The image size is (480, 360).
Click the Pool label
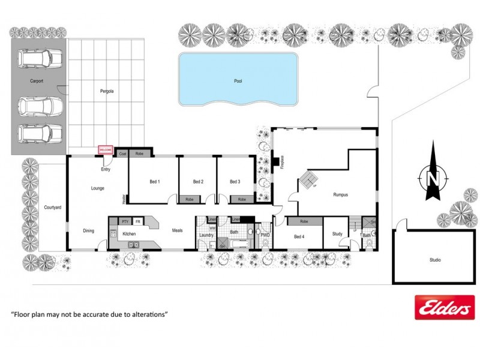[238, 81]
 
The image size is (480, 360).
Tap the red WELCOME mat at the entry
[106, 150]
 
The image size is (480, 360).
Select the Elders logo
[444, 307]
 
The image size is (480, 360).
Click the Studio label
[435, 260]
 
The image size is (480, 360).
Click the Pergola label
[107, 92]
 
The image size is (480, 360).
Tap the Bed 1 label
[154, 182]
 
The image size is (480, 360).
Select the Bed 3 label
[235, 182]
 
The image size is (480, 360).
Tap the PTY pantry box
[125, 221]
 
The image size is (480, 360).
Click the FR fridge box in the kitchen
[138, 221]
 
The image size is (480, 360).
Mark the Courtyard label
[53, 208]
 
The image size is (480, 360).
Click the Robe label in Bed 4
[304, 221]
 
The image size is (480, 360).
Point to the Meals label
[177, 230]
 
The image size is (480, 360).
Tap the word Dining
[88, 230]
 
